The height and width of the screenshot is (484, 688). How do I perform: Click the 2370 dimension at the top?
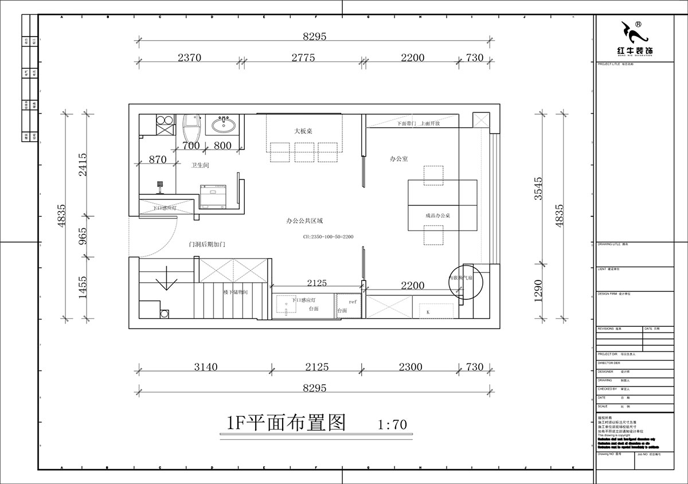click(189, 57)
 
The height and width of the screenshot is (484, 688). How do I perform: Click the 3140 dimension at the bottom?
click(205, 367)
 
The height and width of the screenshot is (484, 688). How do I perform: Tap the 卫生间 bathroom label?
click(200, 165)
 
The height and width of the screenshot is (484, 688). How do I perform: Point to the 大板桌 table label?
click(303, 131)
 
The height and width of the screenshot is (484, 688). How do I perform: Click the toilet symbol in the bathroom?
click(191, 127)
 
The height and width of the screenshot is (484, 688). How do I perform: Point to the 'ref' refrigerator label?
click(345, 300)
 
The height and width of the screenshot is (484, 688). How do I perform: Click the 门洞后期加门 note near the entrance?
click(207, 244)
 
